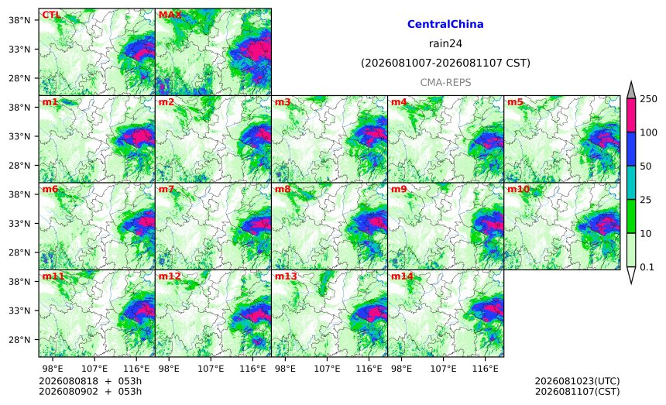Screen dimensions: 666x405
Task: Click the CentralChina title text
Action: tap(445, 24)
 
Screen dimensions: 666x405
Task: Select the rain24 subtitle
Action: tap(445, 43)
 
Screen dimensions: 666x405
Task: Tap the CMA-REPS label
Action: tap(445, 82)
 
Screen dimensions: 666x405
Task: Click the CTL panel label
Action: tap(51, 15)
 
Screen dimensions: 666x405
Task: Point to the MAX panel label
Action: tap(170, 15)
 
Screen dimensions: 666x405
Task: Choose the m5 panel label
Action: tap(515, 102)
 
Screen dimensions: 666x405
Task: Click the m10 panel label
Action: tap(518, 189)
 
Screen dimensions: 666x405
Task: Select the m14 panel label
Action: tap(402, 276)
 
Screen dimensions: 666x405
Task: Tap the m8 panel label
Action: tap(283, 189)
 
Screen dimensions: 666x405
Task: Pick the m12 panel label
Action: tap(170, 276)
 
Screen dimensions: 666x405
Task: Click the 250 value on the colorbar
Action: tap(649, 99)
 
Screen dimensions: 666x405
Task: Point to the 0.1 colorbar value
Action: tap(647, 267)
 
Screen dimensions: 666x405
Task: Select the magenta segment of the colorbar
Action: tap(630, 115)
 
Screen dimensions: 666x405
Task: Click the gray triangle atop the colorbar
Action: tap(630, 91)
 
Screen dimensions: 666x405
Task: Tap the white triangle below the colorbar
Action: tap(630, 274)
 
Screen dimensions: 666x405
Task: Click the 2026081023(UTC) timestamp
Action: tap(577, 381)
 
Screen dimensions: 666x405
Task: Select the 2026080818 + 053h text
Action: tap(90, 381)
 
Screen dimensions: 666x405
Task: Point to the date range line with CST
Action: tap(445, 63)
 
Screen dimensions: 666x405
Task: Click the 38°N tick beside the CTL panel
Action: tap(19, 20)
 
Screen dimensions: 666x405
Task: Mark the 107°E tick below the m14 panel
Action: tap(444, 369)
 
